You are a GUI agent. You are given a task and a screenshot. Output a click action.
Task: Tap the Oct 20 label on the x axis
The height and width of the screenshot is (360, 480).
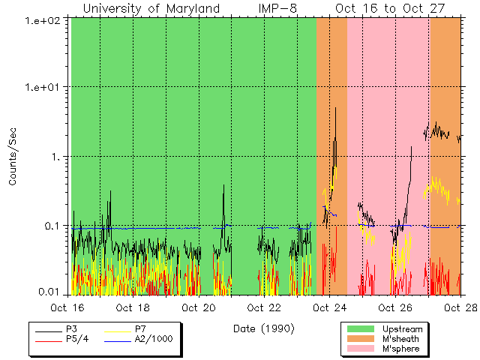tap(198, 307)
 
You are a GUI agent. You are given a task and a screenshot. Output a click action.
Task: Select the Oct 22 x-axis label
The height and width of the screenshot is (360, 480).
tap(264, 307)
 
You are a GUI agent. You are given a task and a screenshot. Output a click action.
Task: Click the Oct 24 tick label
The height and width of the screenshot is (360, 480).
tap(329, 307)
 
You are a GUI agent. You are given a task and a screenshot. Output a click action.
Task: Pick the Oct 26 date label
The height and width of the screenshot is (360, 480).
tap(395, 307)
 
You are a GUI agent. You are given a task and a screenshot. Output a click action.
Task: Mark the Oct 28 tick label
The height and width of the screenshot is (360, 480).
tap(460, 307)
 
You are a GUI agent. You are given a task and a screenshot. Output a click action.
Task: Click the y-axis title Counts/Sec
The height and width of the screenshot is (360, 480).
tap(13, 157)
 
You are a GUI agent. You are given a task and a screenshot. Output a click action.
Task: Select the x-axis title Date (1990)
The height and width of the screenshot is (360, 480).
tap(263, 328)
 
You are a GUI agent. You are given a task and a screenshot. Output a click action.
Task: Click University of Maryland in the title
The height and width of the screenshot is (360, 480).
tap(151, 9)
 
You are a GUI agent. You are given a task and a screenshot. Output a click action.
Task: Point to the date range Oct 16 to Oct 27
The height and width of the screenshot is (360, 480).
tap(390, 9)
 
